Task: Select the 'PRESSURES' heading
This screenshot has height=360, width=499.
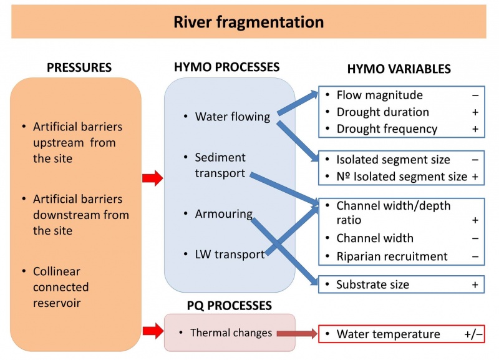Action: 79,67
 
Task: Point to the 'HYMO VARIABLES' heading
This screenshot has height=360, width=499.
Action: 399,69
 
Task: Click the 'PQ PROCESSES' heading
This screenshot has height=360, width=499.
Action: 230,305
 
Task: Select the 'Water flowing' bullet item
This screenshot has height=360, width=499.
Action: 232,117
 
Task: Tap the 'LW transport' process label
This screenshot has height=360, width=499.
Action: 230,254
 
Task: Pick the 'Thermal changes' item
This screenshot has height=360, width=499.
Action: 231,333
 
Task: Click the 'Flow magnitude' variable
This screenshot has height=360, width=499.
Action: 379,95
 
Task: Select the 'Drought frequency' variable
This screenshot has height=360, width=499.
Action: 387,129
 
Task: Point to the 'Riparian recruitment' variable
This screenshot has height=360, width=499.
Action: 392,256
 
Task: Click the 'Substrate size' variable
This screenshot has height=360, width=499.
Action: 372,285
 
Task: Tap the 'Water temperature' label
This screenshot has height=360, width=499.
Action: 388,334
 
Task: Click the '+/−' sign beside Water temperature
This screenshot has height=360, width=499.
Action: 473,334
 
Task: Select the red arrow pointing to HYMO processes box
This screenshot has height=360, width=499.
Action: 152,180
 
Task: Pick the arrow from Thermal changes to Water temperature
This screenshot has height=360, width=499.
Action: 297,334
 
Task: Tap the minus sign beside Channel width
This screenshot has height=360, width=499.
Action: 475,238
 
